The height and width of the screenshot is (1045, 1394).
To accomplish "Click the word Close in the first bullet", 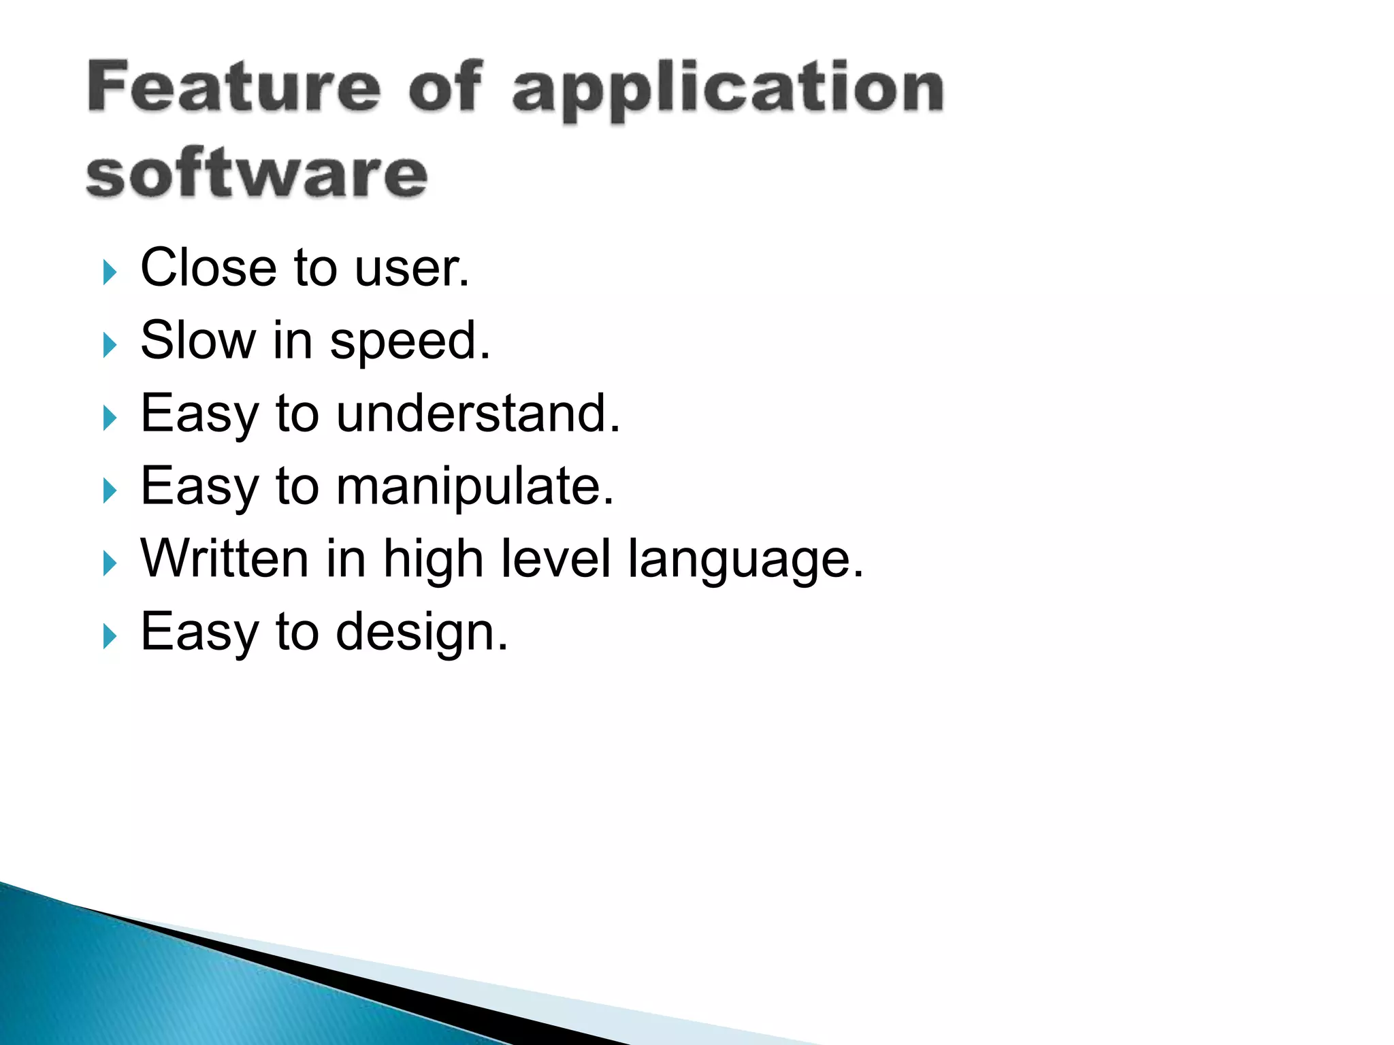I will [x=208, y=267].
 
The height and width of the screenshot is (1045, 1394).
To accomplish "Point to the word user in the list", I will [x=411, y=269].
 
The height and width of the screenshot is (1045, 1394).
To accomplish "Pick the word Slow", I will [x=198, y=340].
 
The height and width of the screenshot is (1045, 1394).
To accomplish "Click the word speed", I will [x=410, y=343].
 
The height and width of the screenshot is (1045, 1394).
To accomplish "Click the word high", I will [x=434, y=561].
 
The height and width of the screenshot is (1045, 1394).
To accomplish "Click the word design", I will [x=421, y=633].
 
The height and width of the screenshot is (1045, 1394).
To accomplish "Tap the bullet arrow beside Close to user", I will [x=110, y=272].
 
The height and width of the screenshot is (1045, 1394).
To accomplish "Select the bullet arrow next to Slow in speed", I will [x=110, y=345].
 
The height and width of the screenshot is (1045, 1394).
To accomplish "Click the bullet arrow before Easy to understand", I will [x=110, y=418].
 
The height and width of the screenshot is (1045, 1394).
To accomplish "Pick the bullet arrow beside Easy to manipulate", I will [x=110, y=491].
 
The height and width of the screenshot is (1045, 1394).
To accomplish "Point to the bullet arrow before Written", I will [x=110, y=563].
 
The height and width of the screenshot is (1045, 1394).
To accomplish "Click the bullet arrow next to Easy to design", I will [x=110, y=636].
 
